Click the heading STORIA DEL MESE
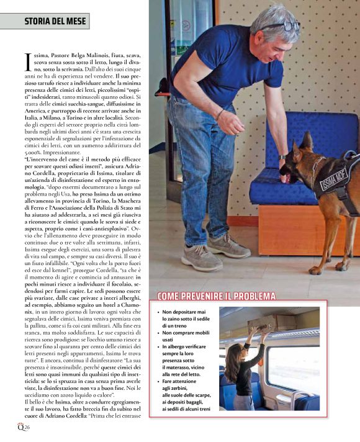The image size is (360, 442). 45,22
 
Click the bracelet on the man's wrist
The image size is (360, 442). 219,114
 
